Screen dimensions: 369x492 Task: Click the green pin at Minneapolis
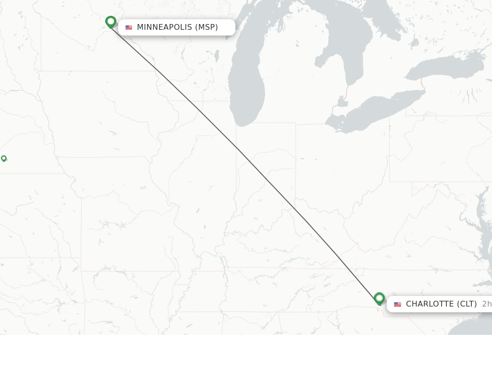tap(111, 22)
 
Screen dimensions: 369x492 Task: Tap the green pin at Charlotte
tap(379, 298)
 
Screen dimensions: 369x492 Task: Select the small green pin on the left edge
tap(4, 158)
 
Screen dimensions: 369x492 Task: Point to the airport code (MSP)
tap(206, 27)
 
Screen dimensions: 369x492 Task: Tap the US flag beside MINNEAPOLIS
tap(129, 27)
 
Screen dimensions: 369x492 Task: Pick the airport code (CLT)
tap(467, 304)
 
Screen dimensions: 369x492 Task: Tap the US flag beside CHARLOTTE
tap(397, 304)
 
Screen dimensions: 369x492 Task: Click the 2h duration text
tap(486, 304)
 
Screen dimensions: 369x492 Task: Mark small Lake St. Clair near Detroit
tap(343, 102)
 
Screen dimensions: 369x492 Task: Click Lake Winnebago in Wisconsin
tap(217, 56)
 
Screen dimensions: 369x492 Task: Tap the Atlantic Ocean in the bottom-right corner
tap(476, 327)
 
